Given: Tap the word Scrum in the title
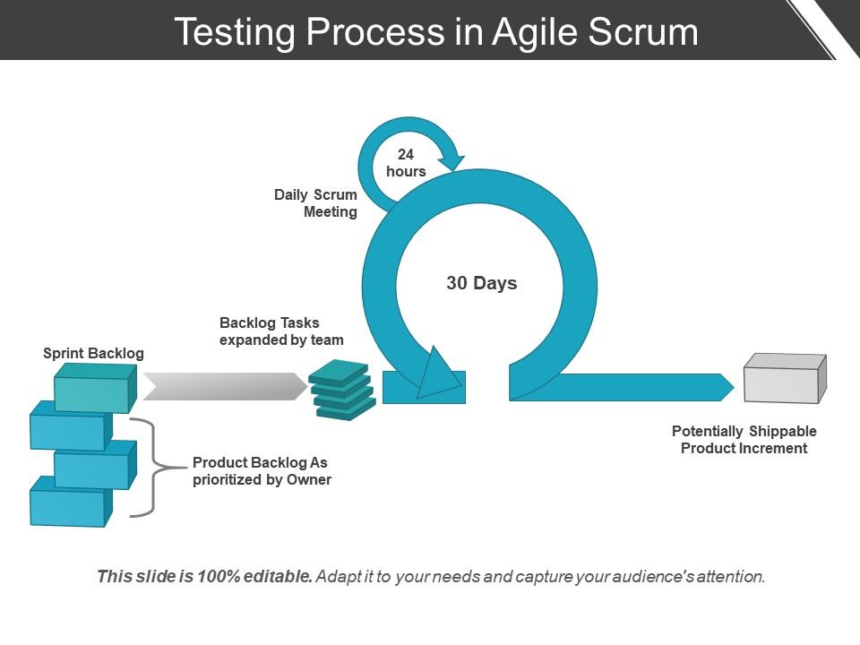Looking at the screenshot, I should point(641,32).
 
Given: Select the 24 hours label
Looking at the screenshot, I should point(406,163).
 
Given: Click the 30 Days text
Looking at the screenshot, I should point(482,283).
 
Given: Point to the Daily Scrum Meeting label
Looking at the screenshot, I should point(316,203).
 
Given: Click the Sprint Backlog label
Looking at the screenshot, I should point(93,353).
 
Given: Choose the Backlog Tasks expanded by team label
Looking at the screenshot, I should point(281,331).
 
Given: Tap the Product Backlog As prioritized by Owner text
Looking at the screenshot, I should point(262,471).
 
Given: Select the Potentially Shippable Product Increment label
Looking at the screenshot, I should point(744,440).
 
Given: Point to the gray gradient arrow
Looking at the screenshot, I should point(225,386).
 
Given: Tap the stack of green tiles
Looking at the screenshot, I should point(341,390).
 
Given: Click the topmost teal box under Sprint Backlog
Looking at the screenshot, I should point(94,390).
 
